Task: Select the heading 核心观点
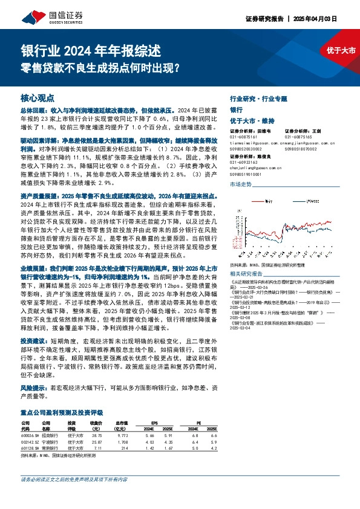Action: pos(38,97)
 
